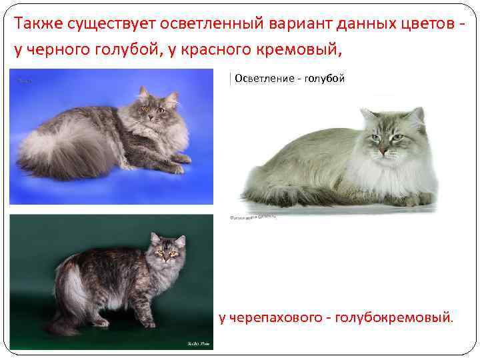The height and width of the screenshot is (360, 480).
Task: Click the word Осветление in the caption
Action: pos(265,79)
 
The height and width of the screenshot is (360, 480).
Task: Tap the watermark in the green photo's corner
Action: pos(197,344)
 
